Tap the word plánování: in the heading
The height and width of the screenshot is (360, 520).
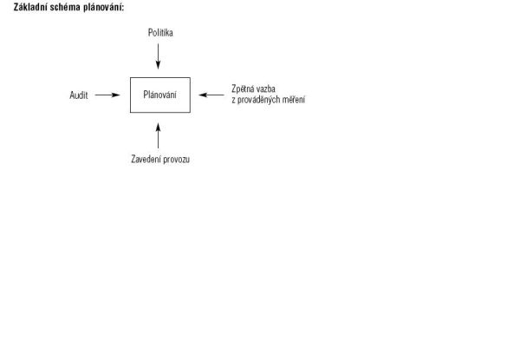point(103,7)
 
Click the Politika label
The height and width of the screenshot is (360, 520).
point(160,32)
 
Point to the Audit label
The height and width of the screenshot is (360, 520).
point(79,95)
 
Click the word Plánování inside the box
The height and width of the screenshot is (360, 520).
point(159,95)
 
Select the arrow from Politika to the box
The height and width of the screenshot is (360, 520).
point(159,56)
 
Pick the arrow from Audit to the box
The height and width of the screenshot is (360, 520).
point(107,95)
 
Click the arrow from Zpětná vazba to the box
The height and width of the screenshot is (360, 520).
point(211,95)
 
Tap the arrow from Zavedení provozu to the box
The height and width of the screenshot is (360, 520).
point(159,135)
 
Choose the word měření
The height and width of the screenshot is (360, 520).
point(294,100)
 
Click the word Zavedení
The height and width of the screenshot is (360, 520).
point(146,160)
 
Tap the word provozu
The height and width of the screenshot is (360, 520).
point(177,160)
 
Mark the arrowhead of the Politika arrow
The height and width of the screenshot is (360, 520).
point(159,65)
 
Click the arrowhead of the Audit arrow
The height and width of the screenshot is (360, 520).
point(115,95)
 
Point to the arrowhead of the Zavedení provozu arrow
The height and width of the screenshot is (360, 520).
point(159,128)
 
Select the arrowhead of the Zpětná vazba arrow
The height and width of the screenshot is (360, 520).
point(204,95)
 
